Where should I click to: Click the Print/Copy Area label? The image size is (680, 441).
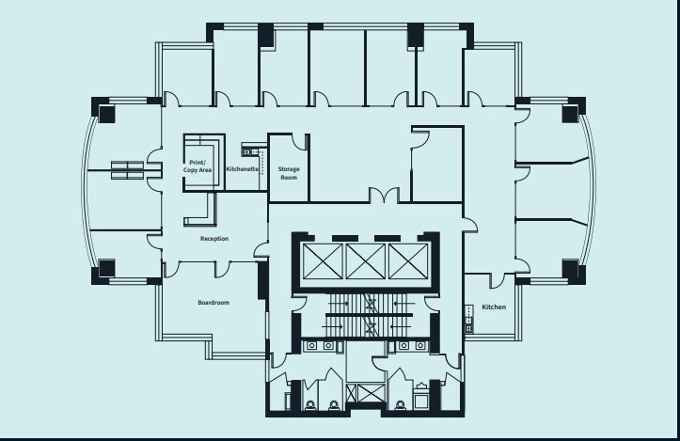pyautogui.click(x=198, y=165)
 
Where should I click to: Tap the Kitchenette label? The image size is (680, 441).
pyautogui.click(x=243, y=168)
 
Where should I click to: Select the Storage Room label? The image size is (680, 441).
pyautogui.click(x=288, y=173)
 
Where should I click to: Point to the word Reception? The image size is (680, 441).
pyautogui.click(x=214, y=239)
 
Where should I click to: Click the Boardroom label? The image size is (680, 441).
pyautogui.click(x=213, y=302)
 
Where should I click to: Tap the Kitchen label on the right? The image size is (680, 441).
pyautogui.click(x=494, y=307)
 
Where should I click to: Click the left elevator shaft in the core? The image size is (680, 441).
pyautogui.click(x=322, y=260)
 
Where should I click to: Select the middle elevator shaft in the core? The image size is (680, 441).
pyautogui.click(x=365, y=260)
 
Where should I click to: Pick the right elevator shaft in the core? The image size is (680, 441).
pyautogui.click(x=407, y=260)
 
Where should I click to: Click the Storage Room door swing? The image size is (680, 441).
pyautogui.click(x=301, y=141)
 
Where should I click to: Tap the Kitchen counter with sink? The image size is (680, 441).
pyautogui.click(x=467, y=320)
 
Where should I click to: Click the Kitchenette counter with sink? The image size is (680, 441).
pyautogui.click(x=250, y=150)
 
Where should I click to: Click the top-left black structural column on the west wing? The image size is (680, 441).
pyautogui.click(x=105, y=113)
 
